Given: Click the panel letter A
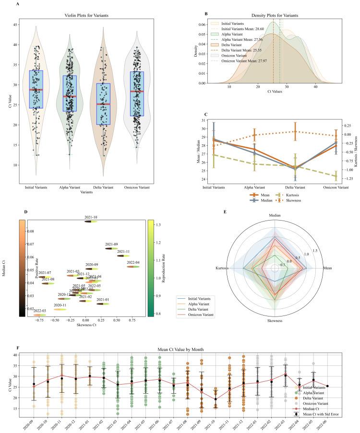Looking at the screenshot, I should pyautogui.click(x=18, y=4).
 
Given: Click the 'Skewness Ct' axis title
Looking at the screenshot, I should pyautogui.click(x=85, y=325).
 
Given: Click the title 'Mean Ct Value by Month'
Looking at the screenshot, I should pyautogui.click(x=180, y=350).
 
